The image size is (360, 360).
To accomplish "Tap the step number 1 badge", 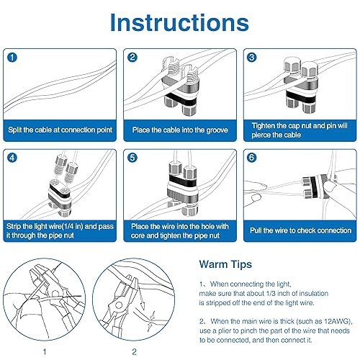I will point(13,57).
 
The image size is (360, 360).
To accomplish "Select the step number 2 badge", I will point(132,57).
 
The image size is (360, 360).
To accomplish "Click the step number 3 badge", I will point(252,57).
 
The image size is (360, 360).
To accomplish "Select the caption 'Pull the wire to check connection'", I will point(300,230).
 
